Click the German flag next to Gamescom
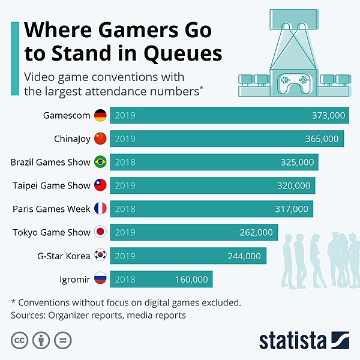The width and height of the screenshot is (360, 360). [x=100, y=115]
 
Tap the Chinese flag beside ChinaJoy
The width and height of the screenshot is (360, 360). [x=100, y=139]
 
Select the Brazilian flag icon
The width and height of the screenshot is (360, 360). [x=100, y=162]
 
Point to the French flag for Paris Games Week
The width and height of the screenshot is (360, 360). [x=100, y=209]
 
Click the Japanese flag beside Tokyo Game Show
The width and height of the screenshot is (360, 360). [x=100, y=232]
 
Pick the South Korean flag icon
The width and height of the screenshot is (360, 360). [x=100, y=256]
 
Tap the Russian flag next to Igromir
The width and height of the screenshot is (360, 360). [x=100, y=279]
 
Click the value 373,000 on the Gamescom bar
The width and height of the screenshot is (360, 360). [x=328, y=115]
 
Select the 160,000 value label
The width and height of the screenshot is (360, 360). [x=191, y=279]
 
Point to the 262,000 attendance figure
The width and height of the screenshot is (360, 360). [x=256, y=232]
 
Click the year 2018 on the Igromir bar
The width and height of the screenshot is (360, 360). [x=125, y=279]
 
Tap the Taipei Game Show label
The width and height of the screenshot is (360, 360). [x=51, y=185]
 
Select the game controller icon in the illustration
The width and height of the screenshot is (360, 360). [x=295, y=80]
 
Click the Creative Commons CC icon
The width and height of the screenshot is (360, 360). [x=20, y=341]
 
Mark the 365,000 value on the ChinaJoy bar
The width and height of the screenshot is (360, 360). [x=322, y=139]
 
